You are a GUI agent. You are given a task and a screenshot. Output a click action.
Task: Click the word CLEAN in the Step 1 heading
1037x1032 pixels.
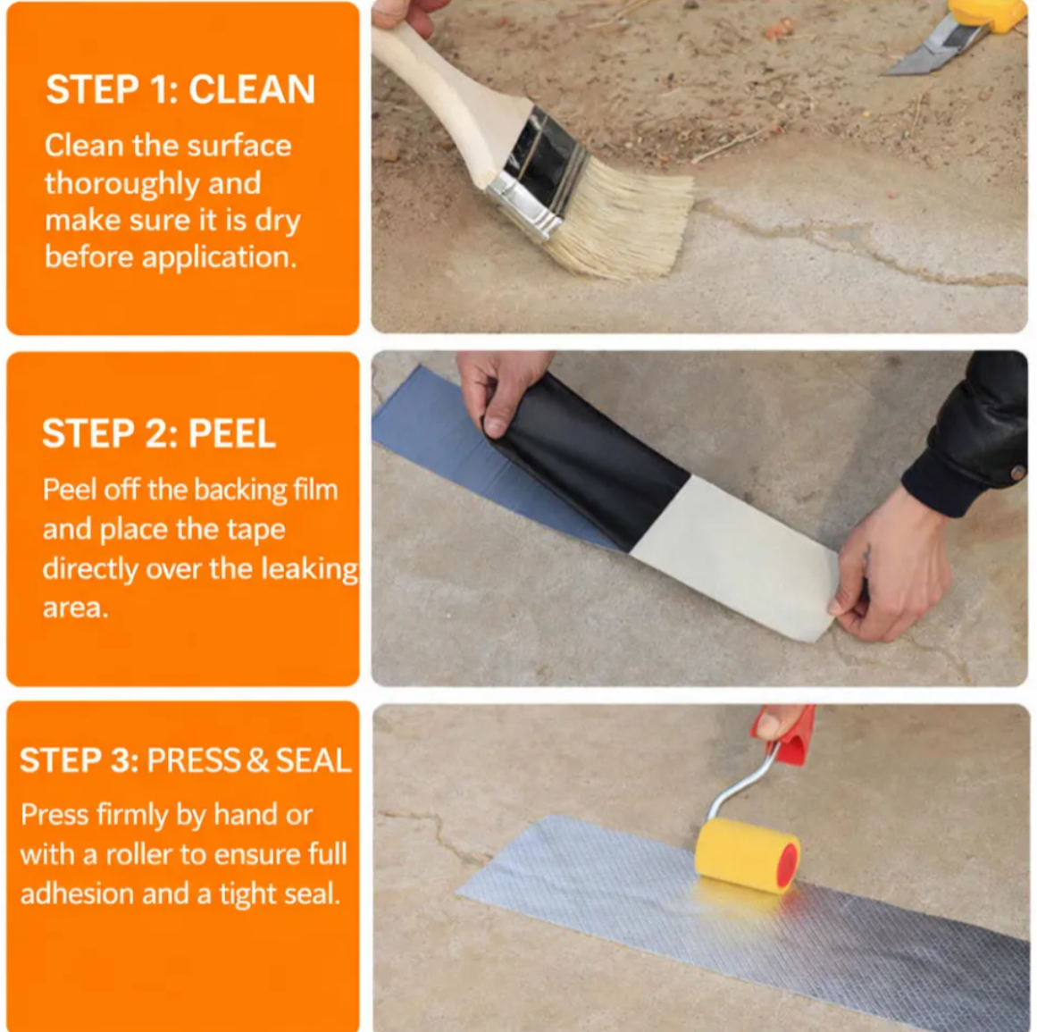[252, 90]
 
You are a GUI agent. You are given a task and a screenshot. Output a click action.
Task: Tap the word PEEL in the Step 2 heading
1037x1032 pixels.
[231, 434]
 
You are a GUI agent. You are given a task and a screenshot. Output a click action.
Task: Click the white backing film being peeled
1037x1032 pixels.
[741, 554]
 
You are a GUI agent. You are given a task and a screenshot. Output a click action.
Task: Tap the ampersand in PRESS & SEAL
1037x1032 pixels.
[257, 760]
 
